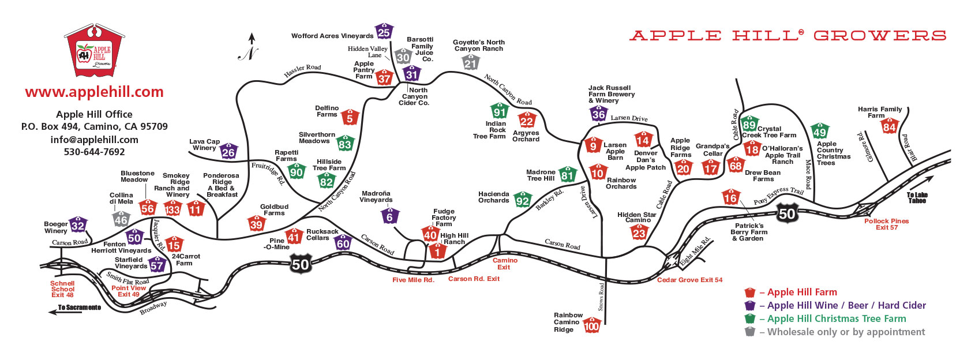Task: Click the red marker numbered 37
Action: coord(384,77)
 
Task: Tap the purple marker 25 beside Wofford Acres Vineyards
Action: coord(384,31)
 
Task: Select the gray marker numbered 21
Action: coord(470,62)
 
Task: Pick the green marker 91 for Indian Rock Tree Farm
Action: coord(500,111)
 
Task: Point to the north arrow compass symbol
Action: coord(249,47)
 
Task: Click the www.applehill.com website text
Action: coord(94,92)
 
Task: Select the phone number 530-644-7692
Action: coord(94,152)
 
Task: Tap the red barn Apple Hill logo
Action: coord(94,50)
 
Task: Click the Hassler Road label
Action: coord(302,70)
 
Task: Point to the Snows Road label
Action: coord(601,297)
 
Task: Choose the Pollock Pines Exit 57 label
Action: coord(886,224)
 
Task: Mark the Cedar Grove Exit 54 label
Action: coord(689,280)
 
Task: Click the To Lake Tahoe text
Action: coord(917,198)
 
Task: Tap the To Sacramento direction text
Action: coord(79,307)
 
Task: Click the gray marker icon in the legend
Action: coord(749,332)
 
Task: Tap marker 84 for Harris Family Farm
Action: coord(889,126)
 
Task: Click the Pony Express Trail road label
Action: coord(778,196)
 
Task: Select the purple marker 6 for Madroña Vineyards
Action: coord(389,216)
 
